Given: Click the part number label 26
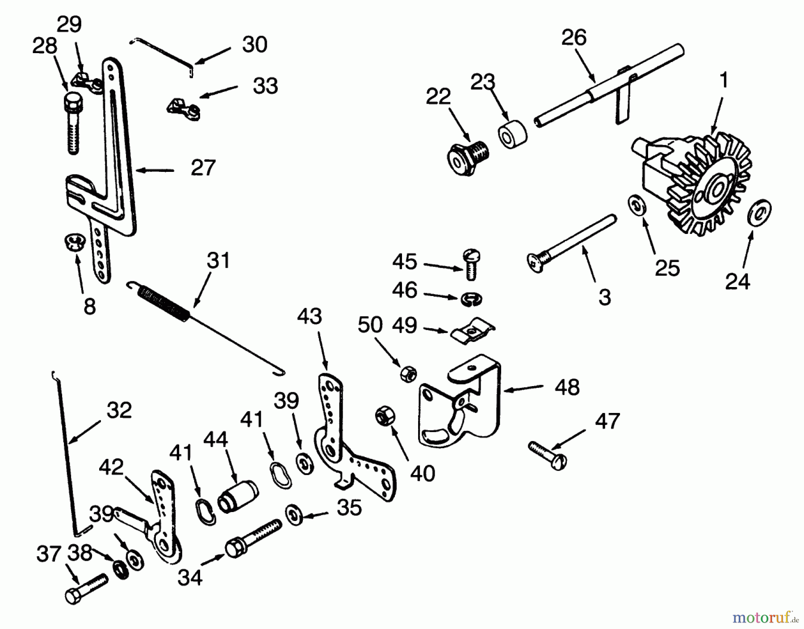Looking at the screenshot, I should click(574, 38).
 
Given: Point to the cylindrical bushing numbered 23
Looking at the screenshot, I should click(512, 133).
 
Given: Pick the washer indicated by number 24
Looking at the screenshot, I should click(759, 214).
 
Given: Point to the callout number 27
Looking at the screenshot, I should click(203, 168).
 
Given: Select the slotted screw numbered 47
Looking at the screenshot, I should click(547, 455).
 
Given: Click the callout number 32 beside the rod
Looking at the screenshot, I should click(119, 410).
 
